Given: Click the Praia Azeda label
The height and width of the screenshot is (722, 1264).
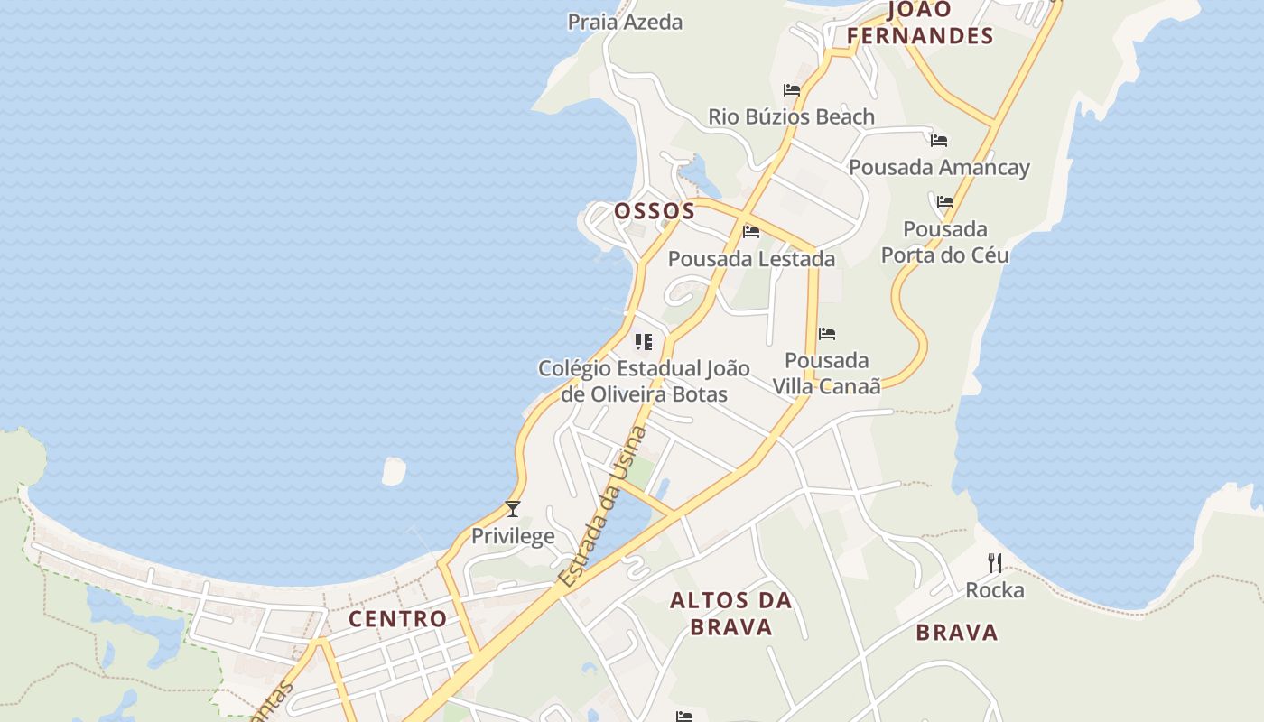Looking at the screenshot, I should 625,22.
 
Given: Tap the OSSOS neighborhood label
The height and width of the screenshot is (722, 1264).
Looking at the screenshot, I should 655,211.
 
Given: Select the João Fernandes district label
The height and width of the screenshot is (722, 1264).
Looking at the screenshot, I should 920,23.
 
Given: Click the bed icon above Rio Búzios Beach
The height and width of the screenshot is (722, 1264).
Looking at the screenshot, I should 792,90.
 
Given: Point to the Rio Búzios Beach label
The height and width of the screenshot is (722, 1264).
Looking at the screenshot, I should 791,116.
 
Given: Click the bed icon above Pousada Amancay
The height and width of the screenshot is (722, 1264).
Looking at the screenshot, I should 939,141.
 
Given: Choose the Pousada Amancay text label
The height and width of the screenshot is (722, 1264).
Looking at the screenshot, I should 939,167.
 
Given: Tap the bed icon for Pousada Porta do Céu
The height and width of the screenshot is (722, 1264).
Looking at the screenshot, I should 945,202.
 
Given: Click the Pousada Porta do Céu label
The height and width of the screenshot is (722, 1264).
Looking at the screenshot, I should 945,242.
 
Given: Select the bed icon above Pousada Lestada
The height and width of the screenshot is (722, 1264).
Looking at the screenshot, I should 751,232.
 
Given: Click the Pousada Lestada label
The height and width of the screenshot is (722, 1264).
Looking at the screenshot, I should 751,259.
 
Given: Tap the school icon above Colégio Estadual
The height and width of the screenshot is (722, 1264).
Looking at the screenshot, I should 644,341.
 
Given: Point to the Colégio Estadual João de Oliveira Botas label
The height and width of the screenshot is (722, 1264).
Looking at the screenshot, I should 644,381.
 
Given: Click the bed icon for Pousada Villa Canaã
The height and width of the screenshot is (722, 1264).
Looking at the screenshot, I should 827,334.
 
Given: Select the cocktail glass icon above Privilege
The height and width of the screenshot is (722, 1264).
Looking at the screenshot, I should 513,509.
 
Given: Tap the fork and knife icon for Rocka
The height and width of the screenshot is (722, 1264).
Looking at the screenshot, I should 995,563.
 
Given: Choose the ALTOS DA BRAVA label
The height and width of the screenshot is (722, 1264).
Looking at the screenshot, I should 730,614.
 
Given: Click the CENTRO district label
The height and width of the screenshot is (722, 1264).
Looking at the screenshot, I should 398,619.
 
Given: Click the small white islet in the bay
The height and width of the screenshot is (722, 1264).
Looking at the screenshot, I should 394,470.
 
